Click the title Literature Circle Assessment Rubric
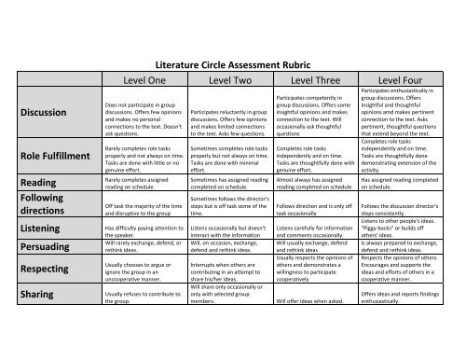[232, 66]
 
